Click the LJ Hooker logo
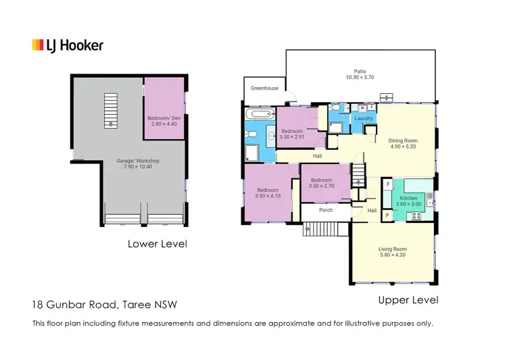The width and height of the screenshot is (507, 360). point(68,45)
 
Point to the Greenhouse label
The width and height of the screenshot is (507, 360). point(264,88)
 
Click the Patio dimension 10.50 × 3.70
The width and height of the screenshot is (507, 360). point(359,77)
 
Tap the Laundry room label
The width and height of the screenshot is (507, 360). point(364,119)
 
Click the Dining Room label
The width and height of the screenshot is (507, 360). point(403,141)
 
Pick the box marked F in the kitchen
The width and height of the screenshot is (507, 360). point(388,184)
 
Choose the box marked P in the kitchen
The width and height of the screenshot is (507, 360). point(388,215)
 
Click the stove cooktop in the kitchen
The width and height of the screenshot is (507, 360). point(415,215)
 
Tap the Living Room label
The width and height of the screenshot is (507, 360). point(393,249)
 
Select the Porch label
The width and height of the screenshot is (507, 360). point(325,210)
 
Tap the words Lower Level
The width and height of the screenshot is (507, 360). point(157,244)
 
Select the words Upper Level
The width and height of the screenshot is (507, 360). point(408,299)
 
